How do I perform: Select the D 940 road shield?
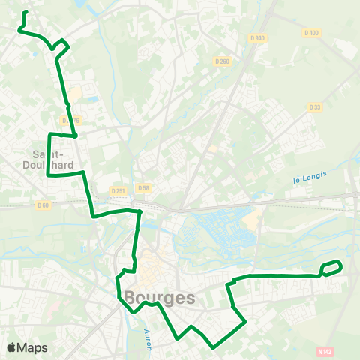tap(258, 37)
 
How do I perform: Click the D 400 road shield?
tap(312, 33)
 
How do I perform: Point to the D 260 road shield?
tap(221, 61)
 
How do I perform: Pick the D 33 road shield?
tap(314, 107)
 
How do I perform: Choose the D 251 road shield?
tap(118, 190)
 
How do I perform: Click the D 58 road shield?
tap(144, 189)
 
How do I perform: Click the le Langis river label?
tap(305, 179)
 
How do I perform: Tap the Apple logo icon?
tap(10, 347)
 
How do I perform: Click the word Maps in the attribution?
tap(33, 347)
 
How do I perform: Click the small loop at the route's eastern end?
tap(332, 267)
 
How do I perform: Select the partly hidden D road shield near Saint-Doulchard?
tap(70, 120)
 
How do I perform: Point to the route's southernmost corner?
tap(214, 347)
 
